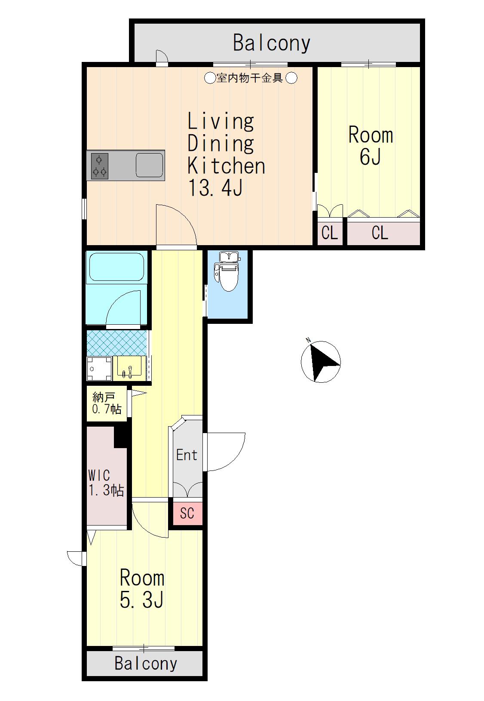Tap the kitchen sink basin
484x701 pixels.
[x=150, y=165]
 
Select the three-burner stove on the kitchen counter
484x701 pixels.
[x=99, y=166]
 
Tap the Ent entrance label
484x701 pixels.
[x=187, y=455]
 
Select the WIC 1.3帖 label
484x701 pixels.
[x=106, y=483]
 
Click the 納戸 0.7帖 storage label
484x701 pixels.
[x=107, y=403]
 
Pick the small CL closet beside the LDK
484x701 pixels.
[x=330, y=233]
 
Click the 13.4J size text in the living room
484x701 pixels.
[x=215, y=188]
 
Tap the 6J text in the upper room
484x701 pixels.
[x=370, y=157]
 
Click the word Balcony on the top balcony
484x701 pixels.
[x=272, y=43]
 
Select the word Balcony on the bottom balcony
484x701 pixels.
[x=146, y=663]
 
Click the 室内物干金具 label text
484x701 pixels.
[x=250, y=77]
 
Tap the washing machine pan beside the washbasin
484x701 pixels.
[x=99, y=368]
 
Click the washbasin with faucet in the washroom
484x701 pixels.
[x=129, y=368]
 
